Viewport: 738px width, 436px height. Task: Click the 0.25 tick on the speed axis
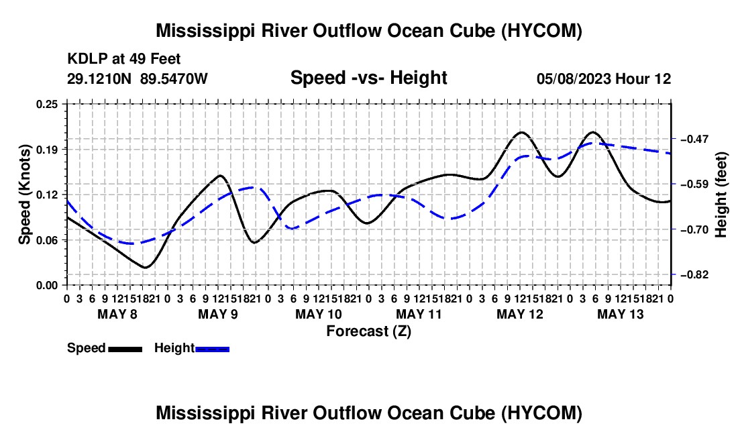tap(47, 104)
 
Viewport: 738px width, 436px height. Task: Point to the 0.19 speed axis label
tap(47, 150)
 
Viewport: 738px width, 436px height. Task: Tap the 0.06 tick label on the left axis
tap(47, 240)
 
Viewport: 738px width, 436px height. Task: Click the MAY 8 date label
tap(117, 314)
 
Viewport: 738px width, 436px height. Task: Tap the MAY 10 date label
tap(319, 314)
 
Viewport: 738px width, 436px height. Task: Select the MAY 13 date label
tap(621, 314)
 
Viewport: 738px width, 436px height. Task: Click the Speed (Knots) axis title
tap(24, 195)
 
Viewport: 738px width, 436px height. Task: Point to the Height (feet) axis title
tap(721, 195)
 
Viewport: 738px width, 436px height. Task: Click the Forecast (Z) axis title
tap(369, 331)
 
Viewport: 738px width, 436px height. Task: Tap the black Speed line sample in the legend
tap(125, 349)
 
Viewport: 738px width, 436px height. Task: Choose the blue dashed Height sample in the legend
tap(212, 349)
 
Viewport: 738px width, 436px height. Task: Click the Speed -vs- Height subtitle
tap(368, 78)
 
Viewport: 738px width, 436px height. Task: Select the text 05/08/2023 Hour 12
tap(604, 78)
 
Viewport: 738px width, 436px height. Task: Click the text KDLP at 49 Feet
tap(124, 59)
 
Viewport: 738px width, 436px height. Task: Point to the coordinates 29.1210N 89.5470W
tap(137, 78)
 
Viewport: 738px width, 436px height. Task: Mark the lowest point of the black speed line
tap(145, 268)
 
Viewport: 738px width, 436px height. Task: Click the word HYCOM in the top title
tap(541, 31)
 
